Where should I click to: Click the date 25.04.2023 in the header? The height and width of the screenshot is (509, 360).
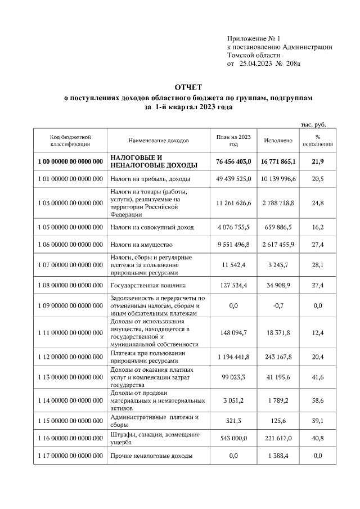pyautogui.click(x=256, y=65)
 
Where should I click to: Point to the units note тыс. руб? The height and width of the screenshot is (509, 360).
pyautogui.click(x=313, y=124)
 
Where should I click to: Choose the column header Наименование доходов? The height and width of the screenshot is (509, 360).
pyautogui.click(x=159, y=140)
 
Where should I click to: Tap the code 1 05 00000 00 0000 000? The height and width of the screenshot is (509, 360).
pyautogui.click(x=70, y=227)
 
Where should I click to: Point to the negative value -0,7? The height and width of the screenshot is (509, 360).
pyautogui.click(x=278, y=305)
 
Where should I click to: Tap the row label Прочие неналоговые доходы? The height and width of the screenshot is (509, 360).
pyautogui.click(x=151, y=456)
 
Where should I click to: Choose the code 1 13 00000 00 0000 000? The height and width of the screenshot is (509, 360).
pyautogui.click(x=70, y=377)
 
